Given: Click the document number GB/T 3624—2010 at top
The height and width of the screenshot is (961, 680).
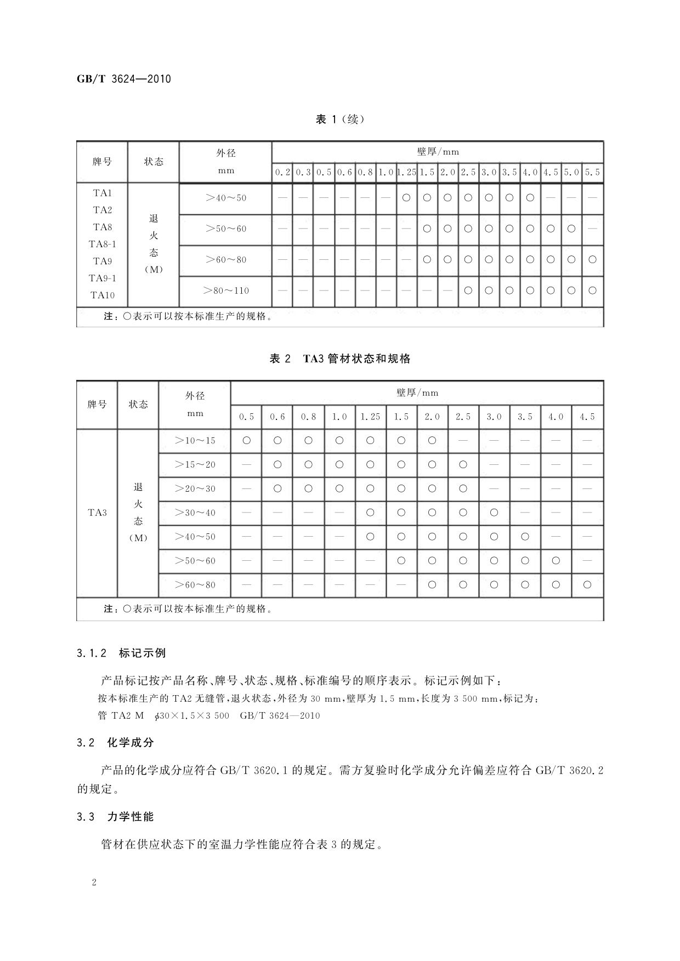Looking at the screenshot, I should (123, 79).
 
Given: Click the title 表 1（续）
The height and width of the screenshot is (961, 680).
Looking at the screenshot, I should (340, 119).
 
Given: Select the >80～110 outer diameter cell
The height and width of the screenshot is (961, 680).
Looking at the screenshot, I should (225, 291).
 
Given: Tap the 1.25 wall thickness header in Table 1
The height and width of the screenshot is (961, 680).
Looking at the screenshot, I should (406, 172).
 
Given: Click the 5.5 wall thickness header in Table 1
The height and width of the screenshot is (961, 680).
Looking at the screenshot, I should (592, 172).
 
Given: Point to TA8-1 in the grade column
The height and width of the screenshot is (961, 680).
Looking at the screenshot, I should (102, 244).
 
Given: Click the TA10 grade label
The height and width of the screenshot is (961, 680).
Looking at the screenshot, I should (102, 295).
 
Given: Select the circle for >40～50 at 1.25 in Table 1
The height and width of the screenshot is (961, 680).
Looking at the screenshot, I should (406, 197).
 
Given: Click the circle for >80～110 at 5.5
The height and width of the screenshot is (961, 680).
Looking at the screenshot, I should (592, 291).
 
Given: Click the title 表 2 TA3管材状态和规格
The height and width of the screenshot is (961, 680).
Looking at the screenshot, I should (340, 359).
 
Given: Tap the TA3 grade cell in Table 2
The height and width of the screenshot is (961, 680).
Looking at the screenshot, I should (97, 513).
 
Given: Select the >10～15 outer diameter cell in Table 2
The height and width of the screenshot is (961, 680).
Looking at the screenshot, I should (195, 440).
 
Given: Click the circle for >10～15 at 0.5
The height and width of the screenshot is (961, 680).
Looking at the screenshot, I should (246, 440).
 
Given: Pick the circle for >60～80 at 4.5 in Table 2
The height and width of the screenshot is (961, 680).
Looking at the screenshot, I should (587, 585).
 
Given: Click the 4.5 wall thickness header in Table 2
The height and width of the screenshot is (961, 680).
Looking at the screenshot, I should (587, 417).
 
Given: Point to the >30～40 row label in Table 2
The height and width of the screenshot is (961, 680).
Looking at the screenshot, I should (195, 513).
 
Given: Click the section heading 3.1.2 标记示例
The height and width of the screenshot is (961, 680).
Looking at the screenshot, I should (121, 653).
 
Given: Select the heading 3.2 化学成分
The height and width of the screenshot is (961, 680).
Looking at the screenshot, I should (116, 743).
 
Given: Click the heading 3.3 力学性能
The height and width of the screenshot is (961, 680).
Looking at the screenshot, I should (116, 816).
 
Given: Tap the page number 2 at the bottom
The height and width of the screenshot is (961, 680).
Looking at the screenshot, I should (94, 883).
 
